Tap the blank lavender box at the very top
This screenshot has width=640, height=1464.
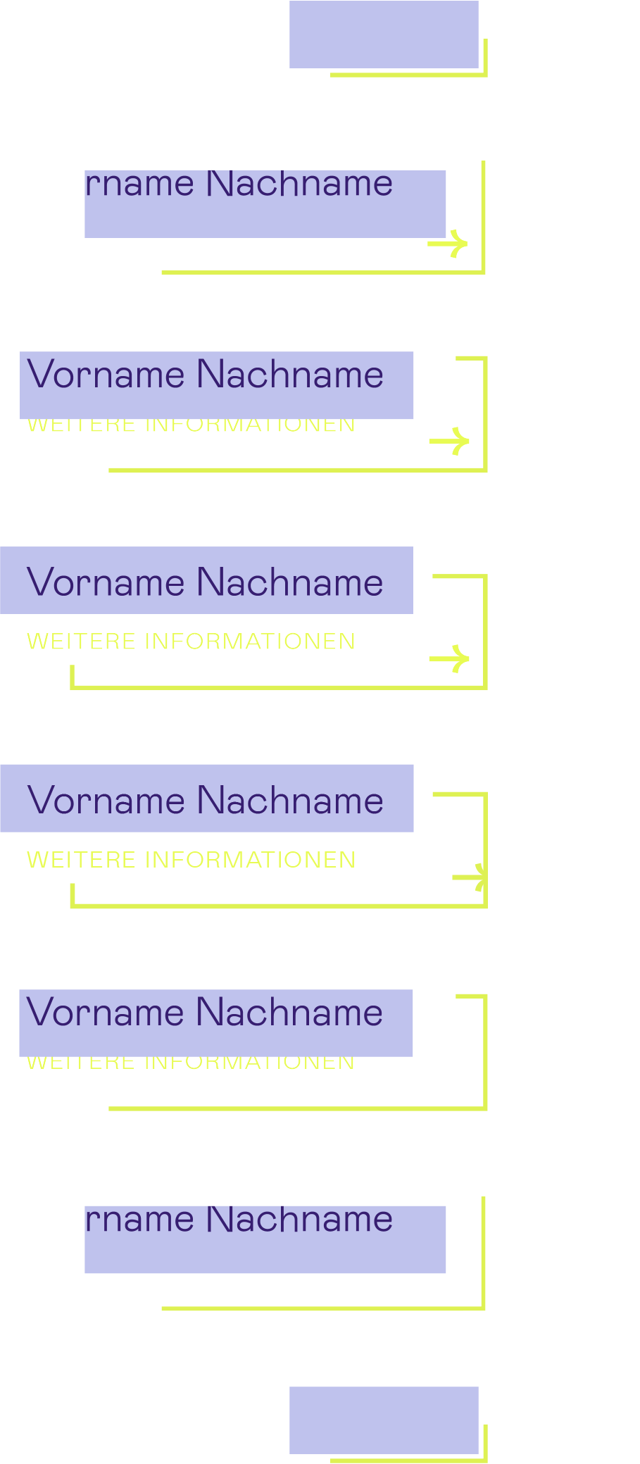coord(384,35)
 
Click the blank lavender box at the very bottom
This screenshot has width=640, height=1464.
coord(384,1420)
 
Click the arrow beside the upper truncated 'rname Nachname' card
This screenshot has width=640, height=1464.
coord(449,244)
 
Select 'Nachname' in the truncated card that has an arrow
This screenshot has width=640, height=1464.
coord(299,184)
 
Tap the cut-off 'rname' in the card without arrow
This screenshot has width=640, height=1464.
coord(139,1220)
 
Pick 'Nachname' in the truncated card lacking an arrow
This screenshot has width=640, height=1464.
coord(299,1220)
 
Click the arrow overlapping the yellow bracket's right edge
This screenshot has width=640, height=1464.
coord(470,877)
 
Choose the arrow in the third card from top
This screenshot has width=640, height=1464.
coord(450,442)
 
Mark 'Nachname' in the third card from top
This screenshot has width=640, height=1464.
coord(289,374)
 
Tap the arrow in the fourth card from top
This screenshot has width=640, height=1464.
coord(450,659)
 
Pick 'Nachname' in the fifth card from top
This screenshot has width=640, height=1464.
coord(289,801)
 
